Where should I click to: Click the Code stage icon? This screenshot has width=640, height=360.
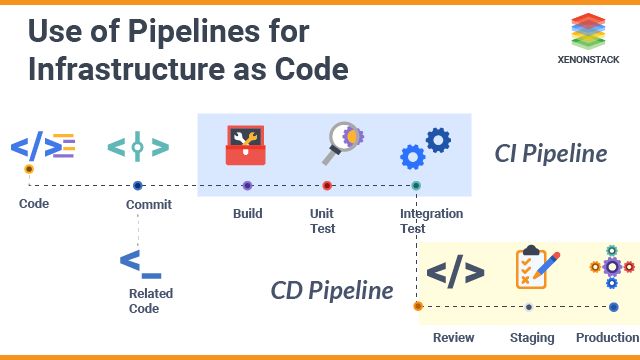pyautogui.click(x=43, y=147)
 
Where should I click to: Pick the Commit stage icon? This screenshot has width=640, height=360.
pyautogui.click(x=137, y=147)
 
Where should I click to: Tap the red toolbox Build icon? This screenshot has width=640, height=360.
pyautogui.click(x=247, y=144)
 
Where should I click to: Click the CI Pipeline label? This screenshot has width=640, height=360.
pyautogui.click(x=551, y=154)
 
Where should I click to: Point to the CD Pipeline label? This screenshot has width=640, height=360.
pyautogui.click(x=331, y=291)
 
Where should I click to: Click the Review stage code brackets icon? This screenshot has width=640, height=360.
pyautogui.click(x=455, y=271)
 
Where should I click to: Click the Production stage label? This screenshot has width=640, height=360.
pyautogui.click(x=607, y=338)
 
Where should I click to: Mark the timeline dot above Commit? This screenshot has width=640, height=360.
pyautogui.click(x=138, y=185)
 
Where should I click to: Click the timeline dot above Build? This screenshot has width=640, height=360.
pyautogui.click(x=247, y=185)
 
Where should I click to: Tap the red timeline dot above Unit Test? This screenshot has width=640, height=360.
pyautogui.click(x=327, y=185)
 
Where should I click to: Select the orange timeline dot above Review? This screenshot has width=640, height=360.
pyautogui.click(x=418, y=306)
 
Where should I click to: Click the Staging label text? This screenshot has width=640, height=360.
pyautogui.click(x=532, y=338)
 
